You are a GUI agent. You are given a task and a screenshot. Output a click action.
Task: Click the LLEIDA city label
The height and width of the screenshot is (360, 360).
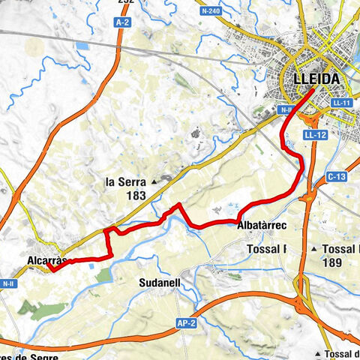click(312, 79)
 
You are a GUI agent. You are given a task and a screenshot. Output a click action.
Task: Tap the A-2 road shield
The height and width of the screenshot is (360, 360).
click(123, 24)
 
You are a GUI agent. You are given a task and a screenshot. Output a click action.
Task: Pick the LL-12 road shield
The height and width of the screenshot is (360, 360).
click(315, 135)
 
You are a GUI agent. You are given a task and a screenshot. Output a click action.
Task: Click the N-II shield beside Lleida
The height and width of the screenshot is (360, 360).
click(285, 110)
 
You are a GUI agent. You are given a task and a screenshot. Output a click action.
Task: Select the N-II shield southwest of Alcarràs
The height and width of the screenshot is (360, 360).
click(8, 283)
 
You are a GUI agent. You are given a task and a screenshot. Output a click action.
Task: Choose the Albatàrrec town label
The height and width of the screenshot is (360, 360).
click(262, 226)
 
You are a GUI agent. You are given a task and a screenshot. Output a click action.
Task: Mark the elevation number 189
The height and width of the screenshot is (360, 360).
click(331, 262)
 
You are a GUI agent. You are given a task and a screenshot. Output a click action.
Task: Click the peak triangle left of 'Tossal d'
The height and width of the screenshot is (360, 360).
click(319, 353)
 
